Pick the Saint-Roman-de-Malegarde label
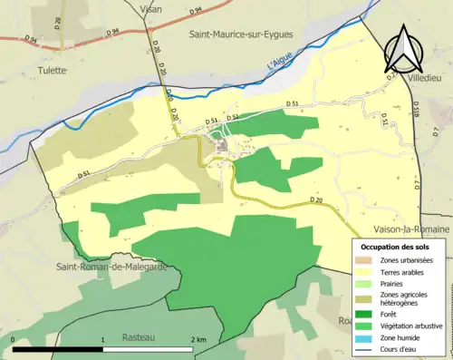[111, 267]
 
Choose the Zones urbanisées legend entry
[406, 260]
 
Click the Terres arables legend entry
[401, 272]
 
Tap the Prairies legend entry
[394, 284]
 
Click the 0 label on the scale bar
[14, 340]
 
